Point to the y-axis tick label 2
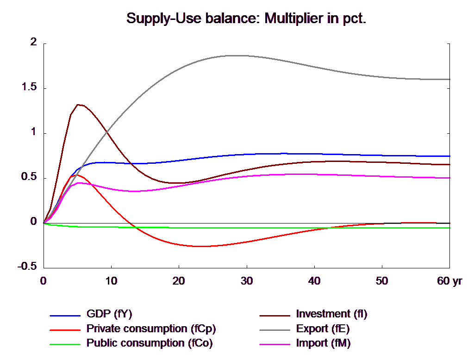coord(33,42)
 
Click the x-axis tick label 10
coord(111,281)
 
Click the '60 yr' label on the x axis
coord(449,281)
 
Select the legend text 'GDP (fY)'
coord(109,314)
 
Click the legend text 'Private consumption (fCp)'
coord(151,329)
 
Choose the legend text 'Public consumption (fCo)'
coord(150,343)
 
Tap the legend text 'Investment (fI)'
coord(331,314)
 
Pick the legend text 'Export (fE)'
coord(323,329)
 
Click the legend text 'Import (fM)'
coord(323,343)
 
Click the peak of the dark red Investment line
coord(79,105)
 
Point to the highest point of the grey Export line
coord(231,56)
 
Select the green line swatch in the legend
coord(65,344)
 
